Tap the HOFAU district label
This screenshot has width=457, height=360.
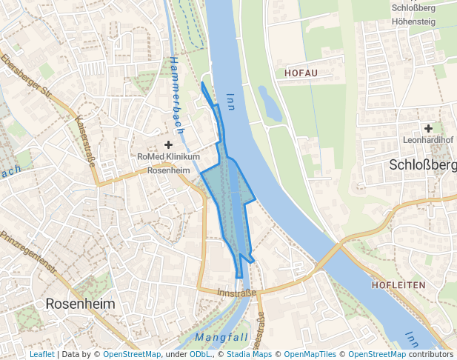pyautogui.click(x=301, y=73)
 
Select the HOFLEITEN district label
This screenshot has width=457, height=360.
pyautogui.click(x=400, y=284)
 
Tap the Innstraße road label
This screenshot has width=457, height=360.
pyautogui.click(x=237, y=293)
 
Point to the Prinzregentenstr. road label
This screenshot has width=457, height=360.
pyautogui.click(x=29, y=253)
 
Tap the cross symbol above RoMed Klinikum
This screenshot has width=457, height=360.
pyautogui.click(x=169, y=144)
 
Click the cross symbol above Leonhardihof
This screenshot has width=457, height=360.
pyautogui.click(x=428, y=128)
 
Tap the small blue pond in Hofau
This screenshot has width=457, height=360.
pyautogui.click(x=269, y=104)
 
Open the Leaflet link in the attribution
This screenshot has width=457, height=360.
pyautogui.click(x=41, y=355)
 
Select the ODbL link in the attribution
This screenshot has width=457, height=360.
pyautogui.click(x=200, y=355)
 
